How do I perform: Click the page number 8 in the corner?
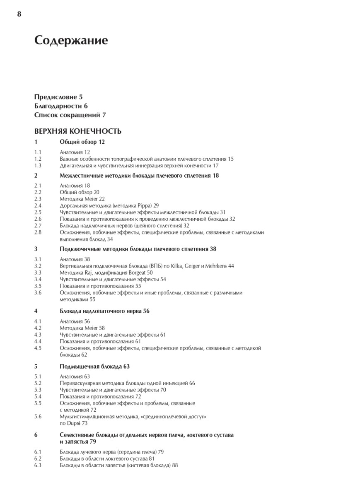pos(19,14)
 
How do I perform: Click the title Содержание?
pos(71,41)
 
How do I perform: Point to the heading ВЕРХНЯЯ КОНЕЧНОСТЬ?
pos(78,131)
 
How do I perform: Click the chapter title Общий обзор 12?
pos(82,142)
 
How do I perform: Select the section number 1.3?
pos(38,165)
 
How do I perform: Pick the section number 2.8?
pos(38,232)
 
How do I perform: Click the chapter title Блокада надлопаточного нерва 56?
pos(104,311)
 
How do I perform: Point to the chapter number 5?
pos(36,366)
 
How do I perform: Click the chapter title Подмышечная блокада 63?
pos(94,366)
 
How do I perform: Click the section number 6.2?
pos(38,458)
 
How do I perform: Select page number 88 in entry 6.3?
pos(175,465)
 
